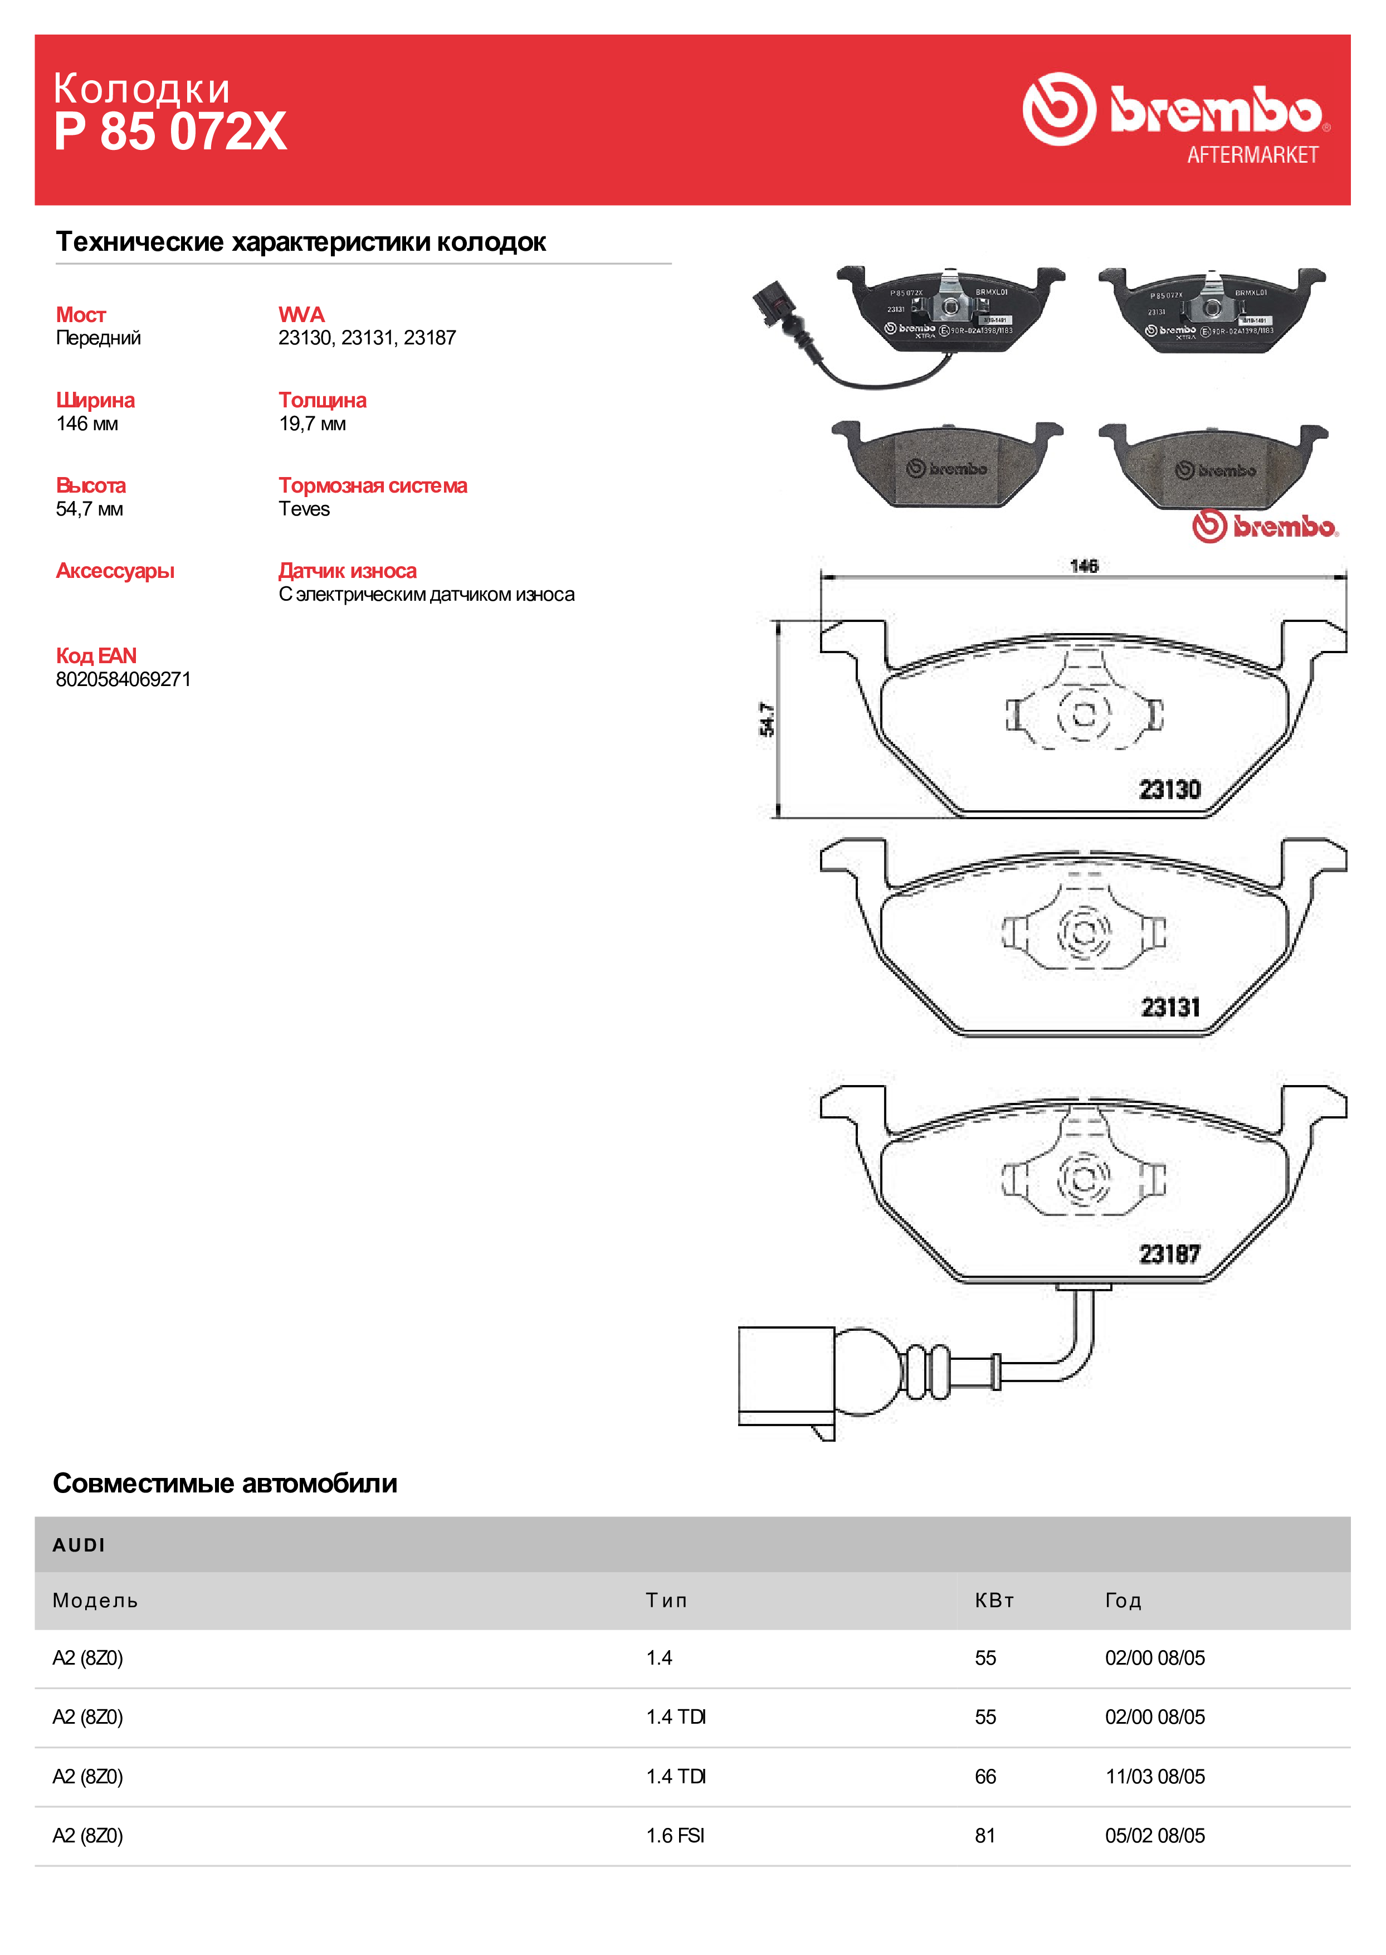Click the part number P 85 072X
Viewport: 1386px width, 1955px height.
click(170, 132)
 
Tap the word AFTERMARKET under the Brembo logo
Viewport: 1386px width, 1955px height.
click(1252, 154)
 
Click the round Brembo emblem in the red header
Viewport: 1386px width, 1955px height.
click(1059, 109)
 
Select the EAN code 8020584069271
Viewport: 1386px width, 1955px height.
click(124, 679)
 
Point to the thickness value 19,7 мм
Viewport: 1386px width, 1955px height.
click(313, 424)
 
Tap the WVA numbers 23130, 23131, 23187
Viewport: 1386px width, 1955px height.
click(367, 338)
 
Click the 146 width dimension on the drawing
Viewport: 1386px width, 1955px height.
click(1084, 566)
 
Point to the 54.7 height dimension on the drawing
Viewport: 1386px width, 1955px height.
click(767, 719)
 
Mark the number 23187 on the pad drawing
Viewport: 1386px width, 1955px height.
click(1170, 1254)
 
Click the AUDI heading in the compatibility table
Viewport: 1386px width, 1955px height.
click(79, 1545)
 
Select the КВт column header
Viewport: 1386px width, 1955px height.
click(994, 1601)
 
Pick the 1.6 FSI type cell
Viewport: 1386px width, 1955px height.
click(675, 1836)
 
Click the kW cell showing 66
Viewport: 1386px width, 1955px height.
click(985, 1777)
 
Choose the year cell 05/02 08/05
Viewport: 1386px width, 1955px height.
click(1155, 1836)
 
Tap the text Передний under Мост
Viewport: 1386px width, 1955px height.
click(98, 338)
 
